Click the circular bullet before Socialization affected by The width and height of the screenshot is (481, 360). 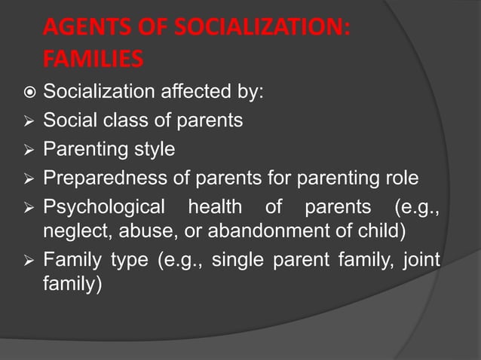pos(26,93)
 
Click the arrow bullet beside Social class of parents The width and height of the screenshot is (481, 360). pos(26,121)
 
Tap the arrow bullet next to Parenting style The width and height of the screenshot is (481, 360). pos(26,149)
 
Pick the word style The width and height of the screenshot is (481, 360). pos(155,149)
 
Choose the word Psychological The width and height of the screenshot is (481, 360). pos(103,206)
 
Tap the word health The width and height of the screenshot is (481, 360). pos(215,206)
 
